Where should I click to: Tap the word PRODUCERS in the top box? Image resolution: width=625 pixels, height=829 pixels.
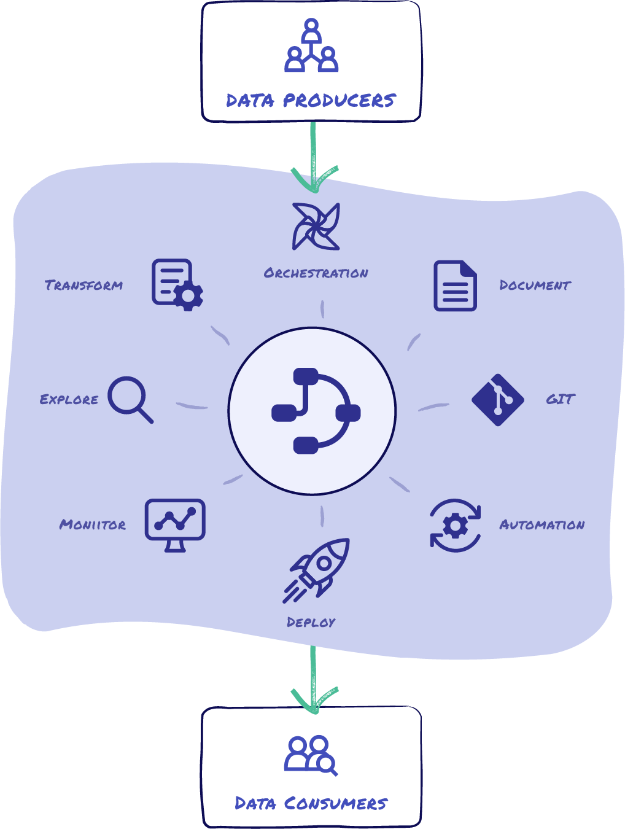click(x=339, y=100)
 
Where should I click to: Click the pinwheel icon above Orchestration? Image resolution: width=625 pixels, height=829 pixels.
click(x=316, y=227)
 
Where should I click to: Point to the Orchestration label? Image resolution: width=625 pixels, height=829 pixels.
click(x=316, y=273)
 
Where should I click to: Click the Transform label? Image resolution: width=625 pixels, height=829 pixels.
click(x=84, y=285)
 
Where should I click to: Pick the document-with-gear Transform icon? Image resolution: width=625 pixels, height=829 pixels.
click(x=177, y=284)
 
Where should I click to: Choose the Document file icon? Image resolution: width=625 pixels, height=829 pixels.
click(x=455, y=286)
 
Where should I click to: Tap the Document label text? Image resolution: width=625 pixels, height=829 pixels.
click(x=535, y=285)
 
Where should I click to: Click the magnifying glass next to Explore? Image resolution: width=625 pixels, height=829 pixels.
click(x=130, y=399)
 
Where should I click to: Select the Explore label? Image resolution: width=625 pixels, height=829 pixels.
click(x=69, y=400)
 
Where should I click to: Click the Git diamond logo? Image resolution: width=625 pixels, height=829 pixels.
click(x=498, y=400)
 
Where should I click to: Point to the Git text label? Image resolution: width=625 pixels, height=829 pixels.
click(x=560, y=399)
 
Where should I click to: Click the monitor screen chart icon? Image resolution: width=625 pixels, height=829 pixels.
click(x=175, y=524)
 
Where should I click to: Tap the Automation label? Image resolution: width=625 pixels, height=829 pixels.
click(x=542, y=525)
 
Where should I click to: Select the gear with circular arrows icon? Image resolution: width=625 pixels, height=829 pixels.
click(x=455, y=526)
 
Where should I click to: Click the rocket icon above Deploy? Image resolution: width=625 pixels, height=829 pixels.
click(x=317, y=570)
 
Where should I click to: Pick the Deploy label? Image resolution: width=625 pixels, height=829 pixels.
click(x=311, y=622)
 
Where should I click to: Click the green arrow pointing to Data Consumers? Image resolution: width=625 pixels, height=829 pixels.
click(x=313, y=679)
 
